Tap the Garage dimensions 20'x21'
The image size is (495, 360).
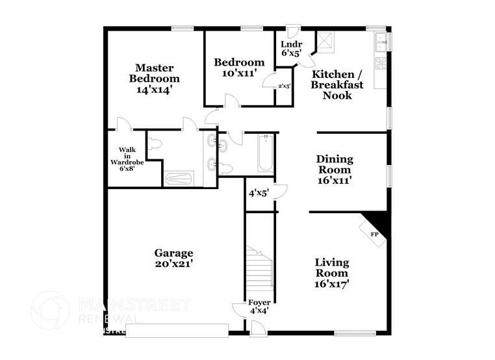coord(173,264)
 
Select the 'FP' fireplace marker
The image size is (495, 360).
coord(374,234)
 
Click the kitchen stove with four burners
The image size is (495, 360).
coord(381,63)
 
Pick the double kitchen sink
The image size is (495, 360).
coord(381,41)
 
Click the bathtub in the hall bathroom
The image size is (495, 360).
coord(265,153)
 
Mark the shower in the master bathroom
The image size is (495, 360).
coord(177,178)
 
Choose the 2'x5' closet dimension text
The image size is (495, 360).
coord(284,86)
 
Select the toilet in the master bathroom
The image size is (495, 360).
coord(154,147)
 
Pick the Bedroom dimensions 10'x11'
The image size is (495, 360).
coord(239,73)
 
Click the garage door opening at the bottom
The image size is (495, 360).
coord(177,331)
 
